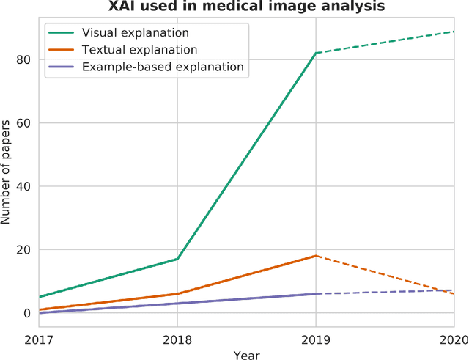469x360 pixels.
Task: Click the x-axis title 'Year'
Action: click(247, 354)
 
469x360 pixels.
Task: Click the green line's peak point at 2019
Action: click(316, 53)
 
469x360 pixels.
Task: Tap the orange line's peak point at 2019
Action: click(316, 256)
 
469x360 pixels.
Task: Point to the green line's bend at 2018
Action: click(177, 259)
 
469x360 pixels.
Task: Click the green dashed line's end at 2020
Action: click(454, 32)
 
